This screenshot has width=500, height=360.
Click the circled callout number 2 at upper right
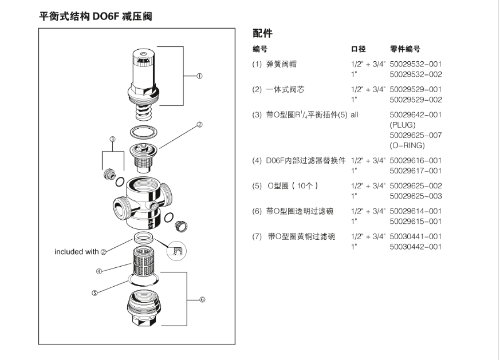point(200,124)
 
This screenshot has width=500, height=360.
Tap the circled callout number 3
point(112,139)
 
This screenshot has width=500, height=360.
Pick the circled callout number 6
point(202,299)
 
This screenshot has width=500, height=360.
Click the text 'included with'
point(77,252)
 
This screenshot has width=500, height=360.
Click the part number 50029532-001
point(415,64)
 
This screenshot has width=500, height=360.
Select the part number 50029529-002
point(415,100)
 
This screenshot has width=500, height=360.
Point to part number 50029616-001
point(415,161)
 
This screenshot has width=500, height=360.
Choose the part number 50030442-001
point(415,247)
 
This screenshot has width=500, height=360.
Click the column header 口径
point(358,49)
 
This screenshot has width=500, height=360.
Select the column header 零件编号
point(405,49)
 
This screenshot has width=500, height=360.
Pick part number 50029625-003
point(415,196)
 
